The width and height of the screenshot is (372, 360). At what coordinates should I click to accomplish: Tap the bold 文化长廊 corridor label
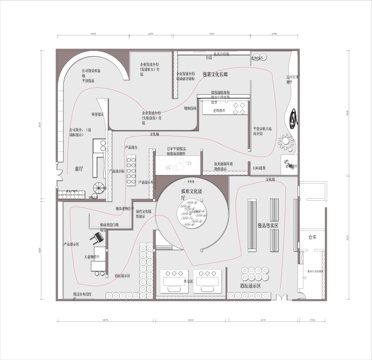[218, 75]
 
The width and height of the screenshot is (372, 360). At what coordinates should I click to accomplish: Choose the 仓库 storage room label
[311, 237]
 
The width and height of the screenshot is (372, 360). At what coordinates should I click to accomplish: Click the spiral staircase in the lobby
[99, 187]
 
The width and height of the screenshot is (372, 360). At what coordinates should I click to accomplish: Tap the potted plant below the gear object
[289, 158]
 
